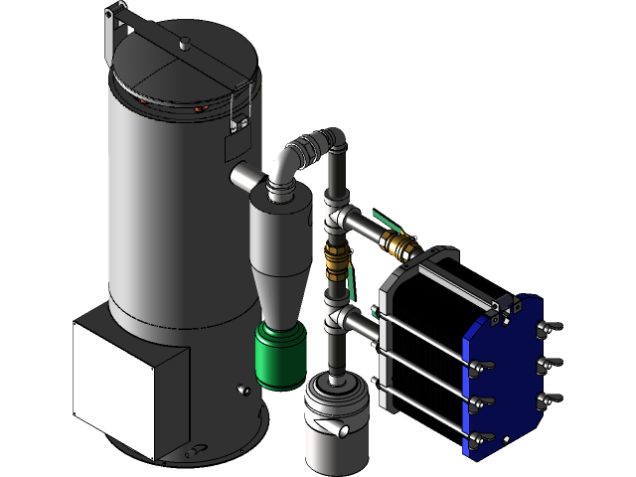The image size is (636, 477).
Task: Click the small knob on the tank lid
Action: [x=184, y=42]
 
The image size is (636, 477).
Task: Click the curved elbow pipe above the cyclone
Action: [x=290, y=159]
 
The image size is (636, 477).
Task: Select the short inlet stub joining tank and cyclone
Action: [x=243, y=178]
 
